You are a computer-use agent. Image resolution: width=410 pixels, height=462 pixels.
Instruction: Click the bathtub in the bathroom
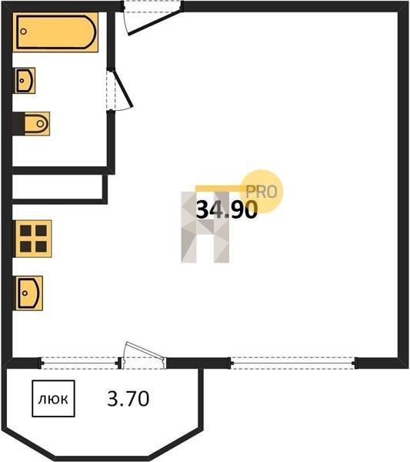(55, 32)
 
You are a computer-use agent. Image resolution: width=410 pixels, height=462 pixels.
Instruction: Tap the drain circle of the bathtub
(24, 32)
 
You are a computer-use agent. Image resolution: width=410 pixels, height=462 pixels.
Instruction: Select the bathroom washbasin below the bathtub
(25, 80)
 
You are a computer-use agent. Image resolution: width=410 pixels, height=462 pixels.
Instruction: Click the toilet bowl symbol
(37, 123)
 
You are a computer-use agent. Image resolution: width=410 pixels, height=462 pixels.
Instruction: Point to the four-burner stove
(34, 239)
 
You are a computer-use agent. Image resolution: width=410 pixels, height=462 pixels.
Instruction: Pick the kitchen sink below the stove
(29, 293)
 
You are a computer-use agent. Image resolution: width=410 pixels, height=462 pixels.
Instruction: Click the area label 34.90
(227, 210)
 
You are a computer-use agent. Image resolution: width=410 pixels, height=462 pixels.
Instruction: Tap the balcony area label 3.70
(128, 399)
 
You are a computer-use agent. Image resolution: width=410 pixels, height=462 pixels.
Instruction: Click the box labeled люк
(53, 399)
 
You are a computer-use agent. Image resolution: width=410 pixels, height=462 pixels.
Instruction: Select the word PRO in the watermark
(262, 192)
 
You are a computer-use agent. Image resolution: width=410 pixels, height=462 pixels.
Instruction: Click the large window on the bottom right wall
(293, 363)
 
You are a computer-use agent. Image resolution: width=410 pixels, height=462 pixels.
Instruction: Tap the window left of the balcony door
(80, 363)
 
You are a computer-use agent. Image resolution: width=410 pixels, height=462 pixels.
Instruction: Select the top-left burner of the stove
(25, 231)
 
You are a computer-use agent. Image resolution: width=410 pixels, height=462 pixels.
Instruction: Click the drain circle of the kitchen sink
(25, 293)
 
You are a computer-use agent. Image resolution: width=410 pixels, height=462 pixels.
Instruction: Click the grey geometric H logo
(205, 227)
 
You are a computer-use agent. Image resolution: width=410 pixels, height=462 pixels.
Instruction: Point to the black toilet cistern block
(18, 123)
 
